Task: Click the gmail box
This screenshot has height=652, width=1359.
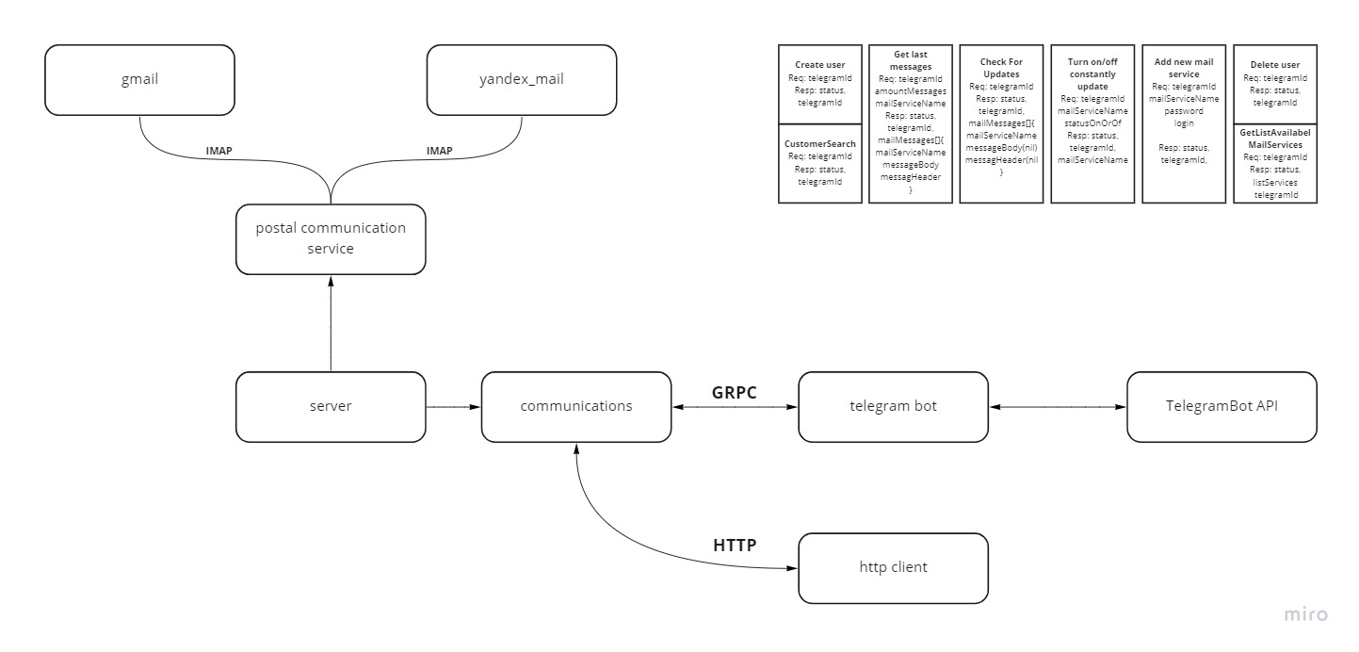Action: pos(138,80)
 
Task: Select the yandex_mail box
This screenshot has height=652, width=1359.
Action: pos(521,80)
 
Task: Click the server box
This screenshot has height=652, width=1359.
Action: pos(331,407)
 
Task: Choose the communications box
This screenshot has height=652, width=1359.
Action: pos(576,407)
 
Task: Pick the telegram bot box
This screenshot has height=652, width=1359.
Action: pos(893,407)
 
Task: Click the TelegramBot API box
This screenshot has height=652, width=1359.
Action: pos(1221,407)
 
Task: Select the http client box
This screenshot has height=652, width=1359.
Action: pos(893,567)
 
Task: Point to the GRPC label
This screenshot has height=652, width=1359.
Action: pos(734,392)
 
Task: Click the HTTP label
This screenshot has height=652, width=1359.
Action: pos(735,546)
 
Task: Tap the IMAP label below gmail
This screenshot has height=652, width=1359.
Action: pos(219,151)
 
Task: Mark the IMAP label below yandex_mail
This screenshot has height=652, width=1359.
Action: pos(439,151)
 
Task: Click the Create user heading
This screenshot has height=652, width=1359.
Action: pos(819,65)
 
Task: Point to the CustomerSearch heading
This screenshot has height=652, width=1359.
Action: pos(819,144)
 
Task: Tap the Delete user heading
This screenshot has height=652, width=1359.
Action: pos(1275,65)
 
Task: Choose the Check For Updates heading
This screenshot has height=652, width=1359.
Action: pos(1000,68)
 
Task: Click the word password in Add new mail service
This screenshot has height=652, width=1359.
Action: pos(1184,110)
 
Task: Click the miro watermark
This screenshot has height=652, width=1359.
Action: pos(1306,614)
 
